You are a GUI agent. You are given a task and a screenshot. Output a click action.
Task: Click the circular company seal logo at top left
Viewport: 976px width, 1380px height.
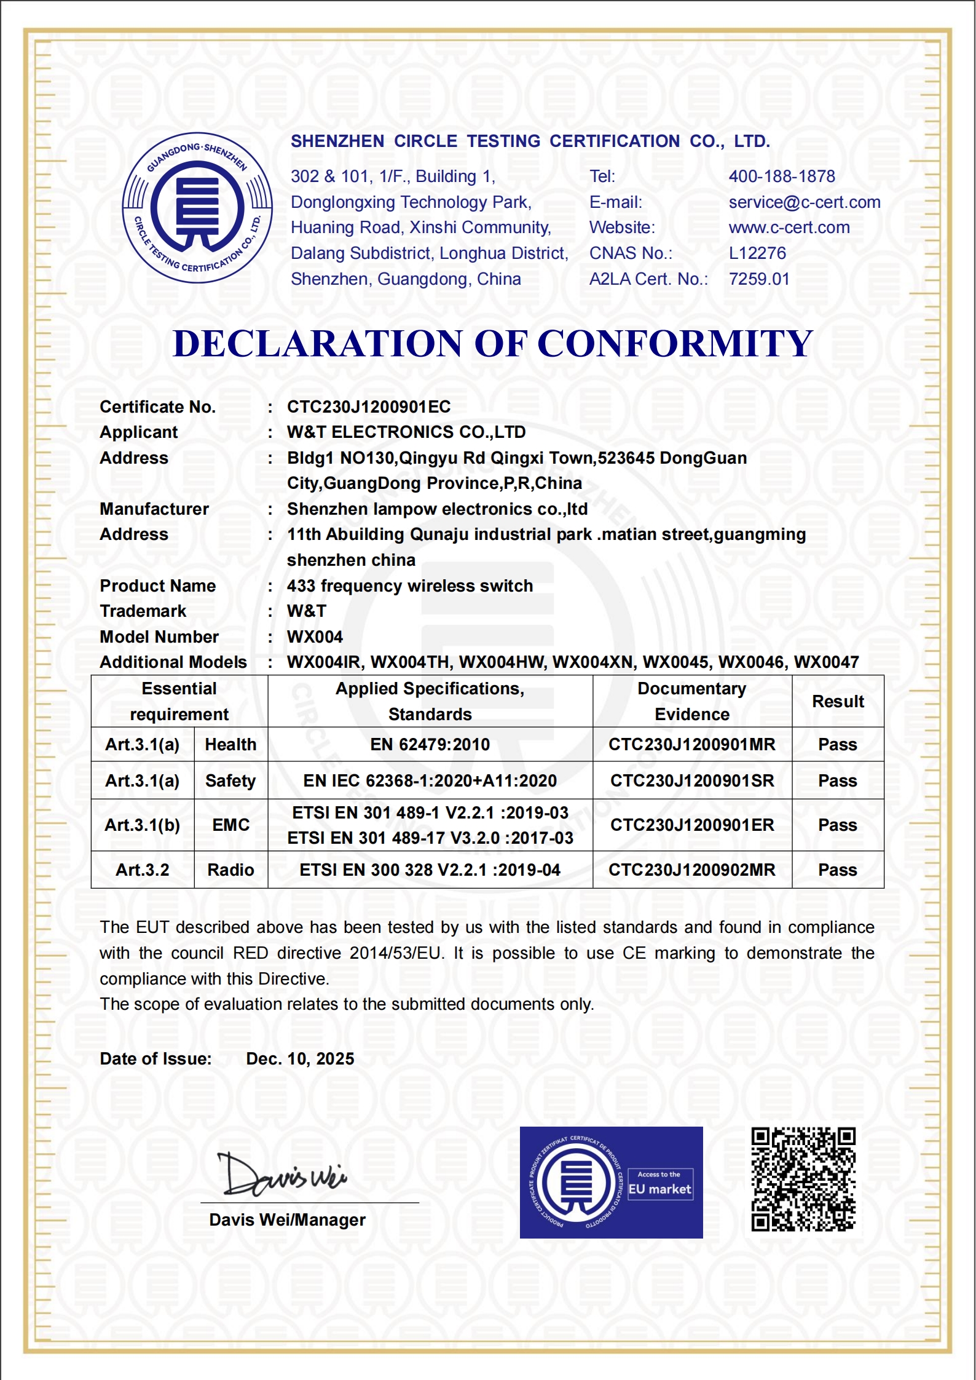pyautogui.click(x=197, y=208)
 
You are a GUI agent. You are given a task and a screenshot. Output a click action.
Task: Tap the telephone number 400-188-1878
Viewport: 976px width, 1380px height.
pyautogui.click(x=781, y=176)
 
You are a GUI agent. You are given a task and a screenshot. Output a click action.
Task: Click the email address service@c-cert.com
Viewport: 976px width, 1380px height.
pyautogui.click(x=804, y=202)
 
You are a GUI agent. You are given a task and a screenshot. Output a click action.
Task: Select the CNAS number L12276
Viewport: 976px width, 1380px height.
pyautogui.click(x=757, y=253)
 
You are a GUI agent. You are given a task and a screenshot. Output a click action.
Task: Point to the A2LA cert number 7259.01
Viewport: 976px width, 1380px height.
pyautogui.click(x=758, y=279)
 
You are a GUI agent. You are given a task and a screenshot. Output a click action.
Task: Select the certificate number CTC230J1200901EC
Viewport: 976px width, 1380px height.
pyautogui.click(x=369, y=407)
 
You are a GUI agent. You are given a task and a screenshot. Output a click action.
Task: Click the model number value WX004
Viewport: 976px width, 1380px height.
pyautogui.click(x=315, y=637)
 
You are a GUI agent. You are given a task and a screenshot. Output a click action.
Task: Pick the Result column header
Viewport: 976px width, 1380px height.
pyautogui.click(x=837, y=702)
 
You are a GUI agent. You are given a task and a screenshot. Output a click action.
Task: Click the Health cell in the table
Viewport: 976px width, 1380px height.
pyautogui.click(x=230, y=745)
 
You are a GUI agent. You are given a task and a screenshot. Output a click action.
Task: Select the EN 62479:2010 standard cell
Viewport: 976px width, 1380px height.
pyautogui.click(x=430, y=745)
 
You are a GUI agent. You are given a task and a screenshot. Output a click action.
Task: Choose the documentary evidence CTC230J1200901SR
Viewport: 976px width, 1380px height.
pyautogui.click(x=691, y=781)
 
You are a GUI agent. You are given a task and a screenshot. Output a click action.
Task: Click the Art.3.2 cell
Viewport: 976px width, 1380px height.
pyautogui.click(x=142, y=870)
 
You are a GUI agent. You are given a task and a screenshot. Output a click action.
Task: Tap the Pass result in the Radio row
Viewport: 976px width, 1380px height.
pyautogui.click(x=837, y=870)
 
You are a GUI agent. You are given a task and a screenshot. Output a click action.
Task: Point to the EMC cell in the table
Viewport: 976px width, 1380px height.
pyautogui.click(x=230, y=825)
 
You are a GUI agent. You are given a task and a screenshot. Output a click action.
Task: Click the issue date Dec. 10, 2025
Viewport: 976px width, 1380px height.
pyautogui.click(x=300, y=1059)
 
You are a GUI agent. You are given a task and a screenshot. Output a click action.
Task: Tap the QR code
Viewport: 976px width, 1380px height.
pyautogui.click(x=803, y=1179)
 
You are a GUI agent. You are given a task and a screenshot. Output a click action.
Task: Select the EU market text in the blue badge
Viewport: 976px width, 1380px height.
pyautogui.click(x=659, y=1189)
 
